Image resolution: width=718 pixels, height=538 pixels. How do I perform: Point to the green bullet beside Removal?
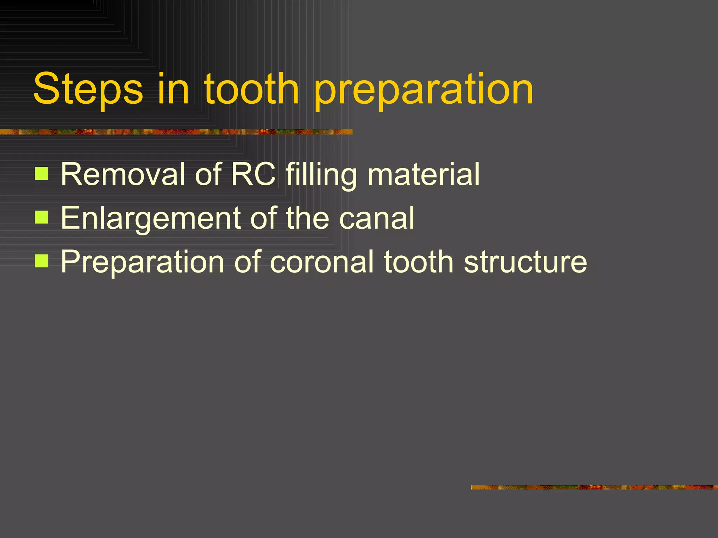(x=41, y=174)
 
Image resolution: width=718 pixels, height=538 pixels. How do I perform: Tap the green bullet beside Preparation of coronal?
(x=41, y=261)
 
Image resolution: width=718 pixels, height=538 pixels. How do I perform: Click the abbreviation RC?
(x=253, y=174)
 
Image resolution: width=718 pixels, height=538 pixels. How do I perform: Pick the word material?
(x=424, y=174)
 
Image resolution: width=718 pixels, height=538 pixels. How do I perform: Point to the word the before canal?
(x=307, y=218)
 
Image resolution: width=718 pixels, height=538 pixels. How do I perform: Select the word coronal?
(x=322, y=262)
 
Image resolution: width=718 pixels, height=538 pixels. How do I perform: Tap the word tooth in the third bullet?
(x=419, y=262)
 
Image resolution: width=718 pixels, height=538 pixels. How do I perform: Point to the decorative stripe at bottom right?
(x=594, y=487)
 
